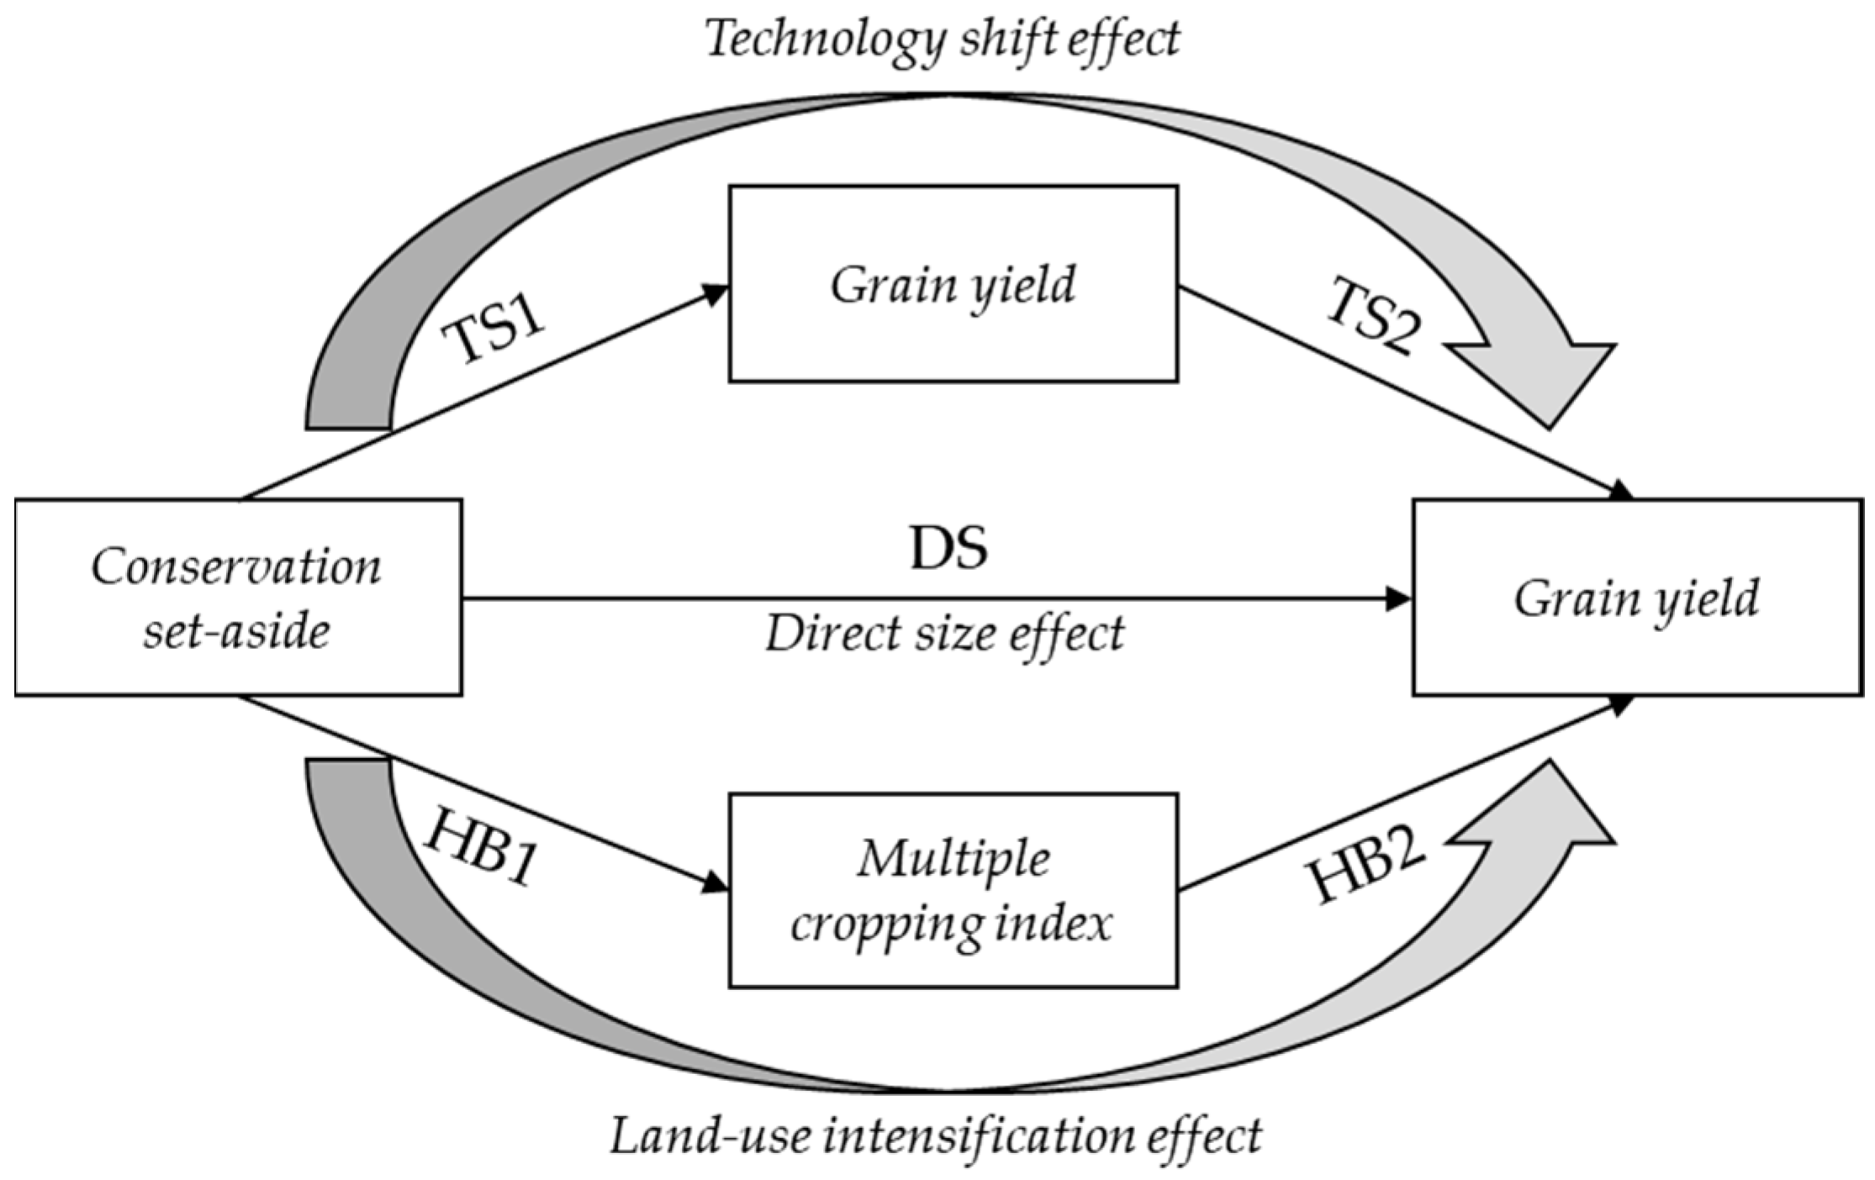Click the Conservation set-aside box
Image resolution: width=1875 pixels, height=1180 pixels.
[238, 598]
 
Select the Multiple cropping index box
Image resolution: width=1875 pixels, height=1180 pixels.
[953, 890]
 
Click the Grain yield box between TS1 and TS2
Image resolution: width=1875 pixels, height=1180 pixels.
[953, 284]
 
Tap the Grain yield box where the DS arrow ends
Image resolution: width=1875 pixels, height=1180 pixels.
[1636, 598]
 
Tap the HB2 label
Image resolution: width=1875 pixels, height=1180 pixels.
[1368, 868]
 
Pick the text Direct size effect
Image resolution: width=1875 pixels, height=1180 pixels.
[944, 634]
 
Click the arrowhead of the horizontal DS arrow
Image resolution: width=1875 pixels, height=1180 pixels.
[1400, 598]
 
